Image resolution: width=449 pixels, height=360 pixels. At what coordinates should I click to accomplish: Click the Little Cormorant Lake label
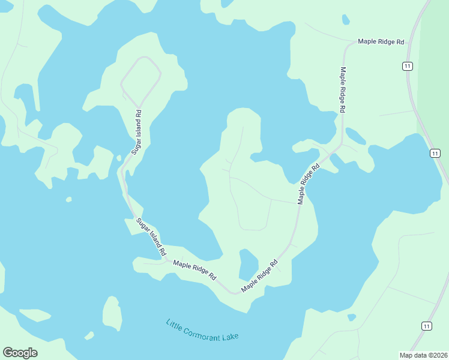pos(202,330)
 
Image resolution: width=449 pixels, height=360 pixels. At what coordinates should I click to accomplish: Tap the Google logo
pos(20,353)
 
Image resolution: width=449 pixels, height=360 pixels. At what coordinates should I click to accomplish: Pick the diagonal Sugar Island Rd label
pos(150,238)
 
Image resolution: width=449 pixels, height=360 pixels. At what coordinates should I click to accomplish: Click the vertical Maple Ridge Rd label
pos(343,89)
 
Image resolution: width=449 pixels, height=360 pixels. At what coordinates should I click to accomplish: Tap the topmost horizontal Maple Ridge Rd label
pos(381,42)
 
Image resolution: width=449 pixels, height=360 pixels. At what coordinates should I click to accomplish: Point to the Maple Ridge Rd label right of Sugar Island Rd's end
pos(194,270)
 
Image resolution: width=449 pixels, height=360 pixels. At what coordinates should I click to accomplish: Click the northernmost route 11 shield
pos(408,66)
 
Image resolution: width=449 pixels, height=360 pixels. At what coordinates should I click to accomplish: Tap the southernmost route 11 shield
pos(426,326)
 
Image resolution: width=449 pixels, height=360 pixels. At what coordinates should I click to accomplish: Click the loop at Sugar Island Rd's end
pos(141,80)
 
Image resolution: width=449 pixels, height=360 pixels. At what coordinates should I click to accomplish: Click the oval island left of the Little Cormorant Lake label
pos(112,313)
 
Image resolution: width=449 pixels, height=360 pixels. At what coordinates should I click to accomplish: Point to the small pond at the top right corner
pos(346,19)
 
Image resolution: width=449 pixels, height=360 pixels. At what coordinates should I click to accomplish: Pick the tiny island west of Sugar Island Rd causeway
pos(69,199)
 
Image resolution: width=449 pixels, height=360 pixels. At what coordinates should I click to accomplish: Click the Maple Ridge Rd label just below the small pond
pos(259,277)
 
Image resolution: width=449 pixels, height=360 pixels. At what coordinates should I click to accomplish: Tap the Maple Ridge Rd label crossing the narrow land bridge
pos(309,184)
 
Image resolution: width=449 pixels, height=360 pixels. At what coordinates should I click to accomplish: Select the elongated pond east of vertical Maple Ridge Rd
pos(356,136)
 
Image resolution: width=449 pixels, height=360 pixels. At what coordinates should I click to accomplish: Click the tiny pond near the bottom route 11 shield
pos(352,317)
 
